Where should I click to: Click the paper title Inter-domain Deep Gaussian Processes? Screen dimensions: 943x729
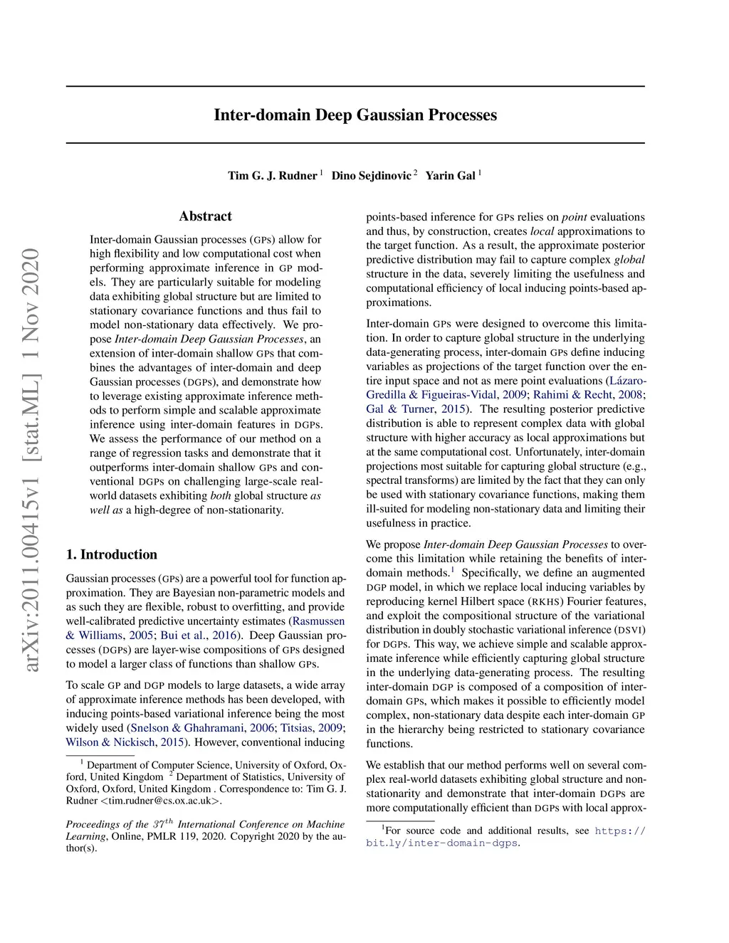pos(355,115)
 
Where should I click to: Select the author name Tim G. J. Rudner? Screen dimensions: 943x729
pos(272,176)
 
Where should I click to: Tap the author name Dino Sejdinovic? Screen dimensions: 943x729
pos(371,176)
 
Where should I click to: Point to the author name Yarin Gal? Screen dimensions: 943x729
pos(450,176)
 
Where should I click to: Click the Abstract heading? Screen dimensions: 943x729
pos(205,216)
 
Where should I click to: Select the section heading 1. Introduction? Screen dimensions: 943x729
pos(112,554)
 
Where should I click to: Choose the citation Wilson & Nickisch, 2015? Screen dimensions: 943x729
pos(125,742)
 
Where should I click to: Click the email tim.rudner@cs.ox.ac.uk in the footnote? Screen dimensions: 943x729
pos(161,801)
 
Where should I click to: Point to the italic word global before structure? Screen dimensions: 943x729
pos(629,260)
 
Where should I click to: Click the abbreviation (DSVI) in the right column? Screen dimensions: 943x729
pos(629,630)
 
